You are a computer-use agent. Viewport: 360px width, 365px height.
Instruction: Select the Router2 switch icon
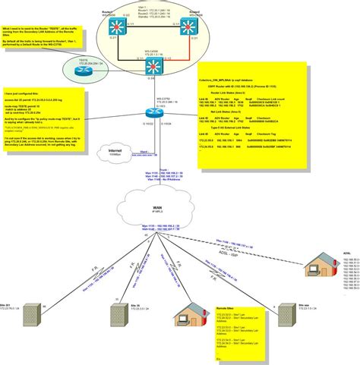pos(183,30)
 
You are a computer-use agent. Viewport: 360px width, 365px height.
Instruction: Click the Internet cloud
pos(113,154)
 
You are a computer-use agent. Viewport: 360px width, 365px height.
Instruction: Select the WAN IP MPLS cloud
pos(150,209)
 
